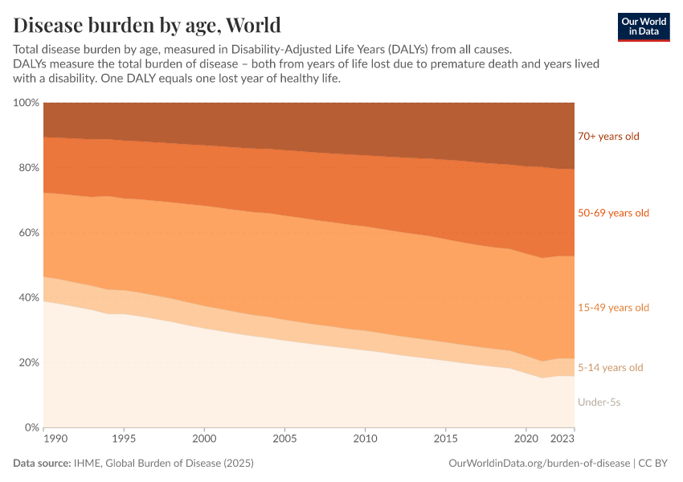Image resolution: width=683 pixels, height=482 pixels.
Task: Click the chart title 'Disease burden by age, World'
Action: (147, 23)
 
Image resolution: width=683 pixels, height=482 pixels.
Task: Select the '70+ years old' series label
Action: (608, 136)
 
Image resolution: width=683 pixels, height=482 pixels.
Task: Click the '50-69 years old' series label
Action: (613, 213)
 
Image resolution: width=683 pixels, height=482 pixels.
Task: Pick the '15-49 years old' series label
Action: (613, 308)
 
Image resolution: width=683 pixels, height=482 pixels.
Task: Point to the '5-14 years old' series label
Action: (610, 367)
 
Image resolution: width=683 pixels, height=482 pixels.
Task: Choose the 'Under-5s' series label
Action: (599, 402)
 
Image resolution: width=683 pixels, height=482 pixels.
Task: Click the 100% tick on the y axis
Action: (26, 103)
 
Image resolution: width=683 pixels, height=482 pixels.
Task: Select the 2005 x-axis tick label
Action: (285, 439)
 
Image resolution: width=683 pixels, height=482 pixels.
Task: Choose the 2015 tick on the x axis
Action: (446, 439)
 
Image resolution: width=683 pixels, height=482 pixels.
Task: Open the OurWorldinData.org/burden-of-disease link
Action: (538, 464)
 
